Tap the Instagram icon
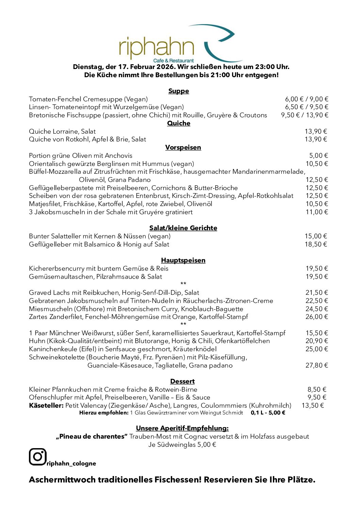(x=37, y=457)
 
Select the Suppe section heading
(x=179, y=91)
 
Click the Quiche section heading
(x=179, y=123)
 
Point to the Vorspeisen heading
(x=183, y=148)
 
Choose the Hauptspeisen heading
(x=183, y=260)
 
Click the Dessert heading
(x=182, y=381)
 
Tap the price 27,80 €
(x=316, y=366)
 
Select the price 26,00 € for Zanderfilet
(x=316, y=317)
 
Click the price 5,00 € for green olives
(x=318, y=156)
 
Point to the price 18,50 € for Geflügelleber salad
(x=316, y=244)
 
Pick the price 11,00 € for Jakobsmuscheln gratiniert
(x=316, y=212)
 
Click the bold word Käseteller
(x=46, y=406)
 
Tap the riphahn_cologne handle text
(x=71, y=464)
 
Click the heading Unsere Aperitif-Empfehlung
(x=182, y=428)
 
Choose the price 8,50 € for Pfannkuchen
(x=317, y=390)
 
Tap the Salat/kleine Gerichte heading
(x=183, y=228)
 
